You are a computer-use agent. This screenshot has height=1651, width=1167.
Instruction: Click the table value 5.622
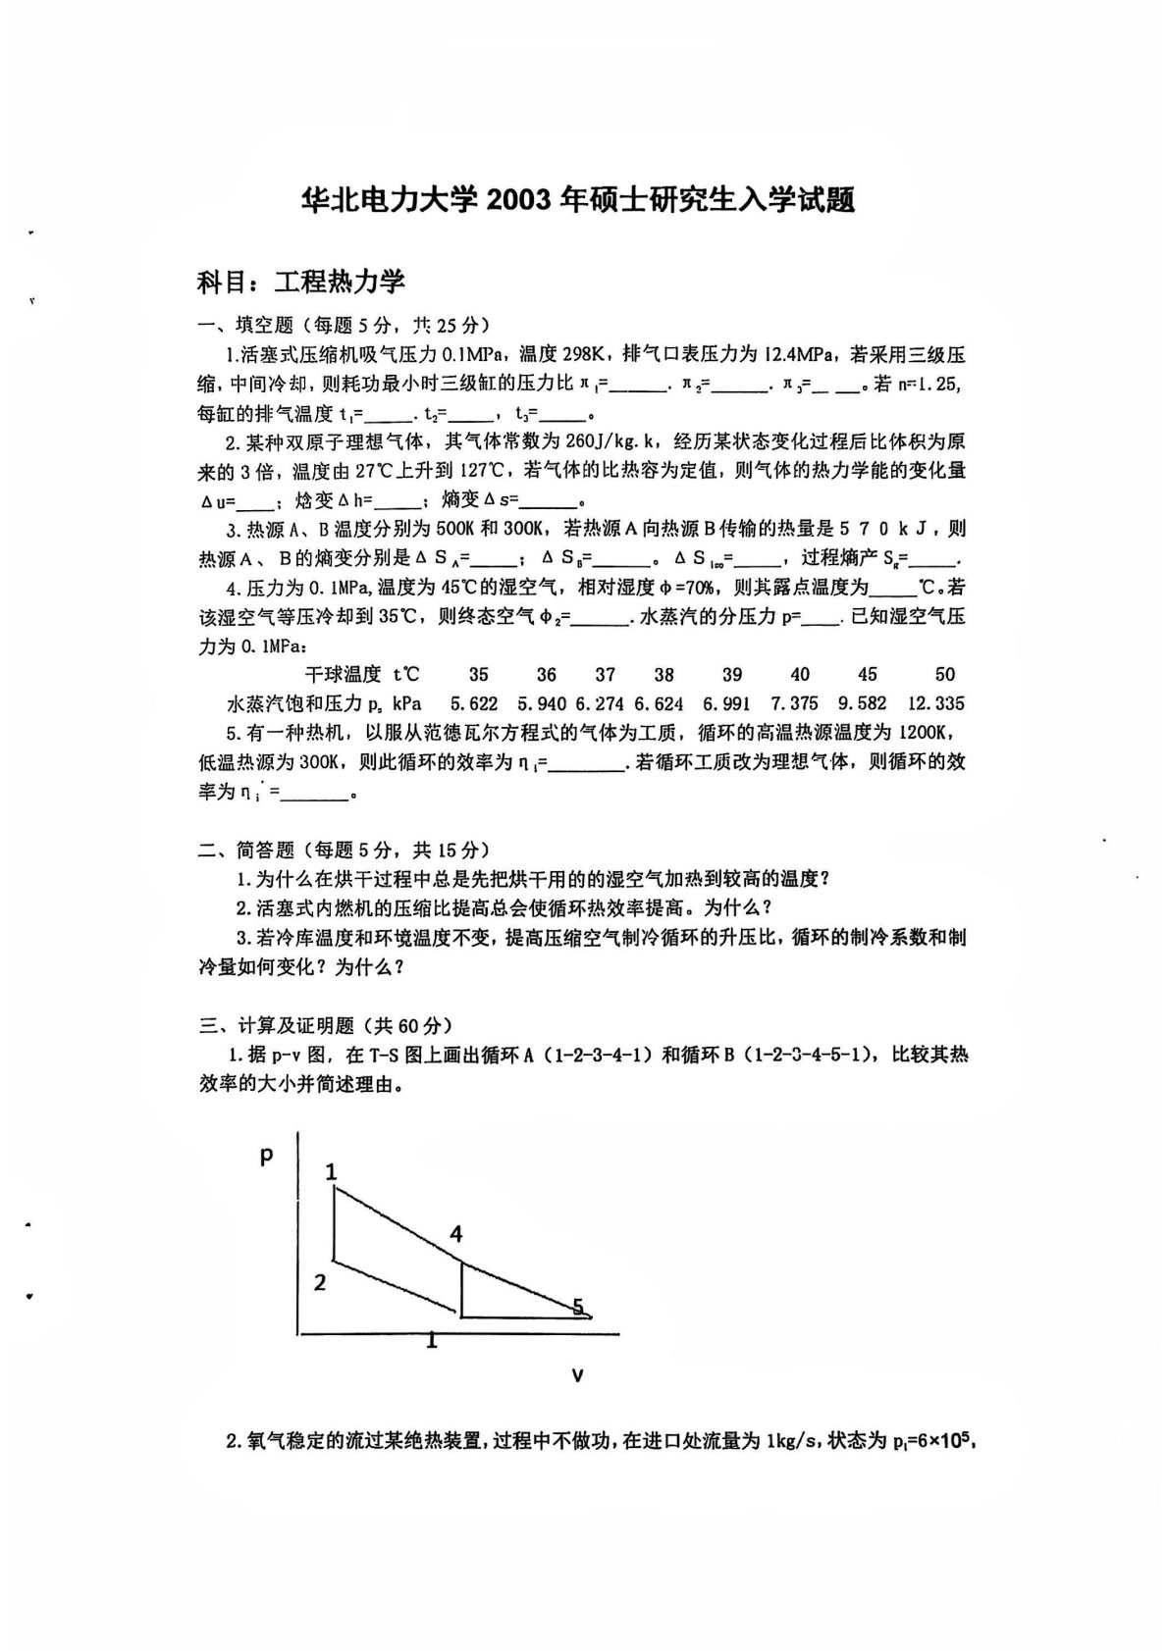point(473,703)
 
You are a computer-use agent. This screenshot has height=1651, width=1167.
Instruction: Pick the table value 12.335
point(935,703)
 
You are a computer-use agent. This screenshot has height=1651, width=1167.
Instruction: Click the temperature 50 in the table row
point(944,675)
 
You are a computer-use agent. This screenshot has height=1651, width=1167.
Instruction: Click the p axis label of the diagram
point(265,1157)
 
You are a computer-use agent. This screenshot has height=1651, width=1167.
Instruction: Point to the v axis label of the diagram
point(577,1375)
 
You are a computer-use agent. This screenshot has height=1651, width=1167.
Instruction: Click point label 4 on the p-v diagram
point(455,1235)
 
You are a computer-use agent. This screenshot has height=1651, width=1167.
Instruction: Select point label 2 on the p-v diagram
point(320,1282)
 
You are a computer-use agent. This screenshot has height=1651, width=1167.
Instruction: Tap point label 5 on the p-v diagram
point(578,1306)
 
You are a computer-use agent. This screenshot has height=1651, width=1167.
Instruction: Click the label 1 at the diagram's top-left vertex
point(332,1171)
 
